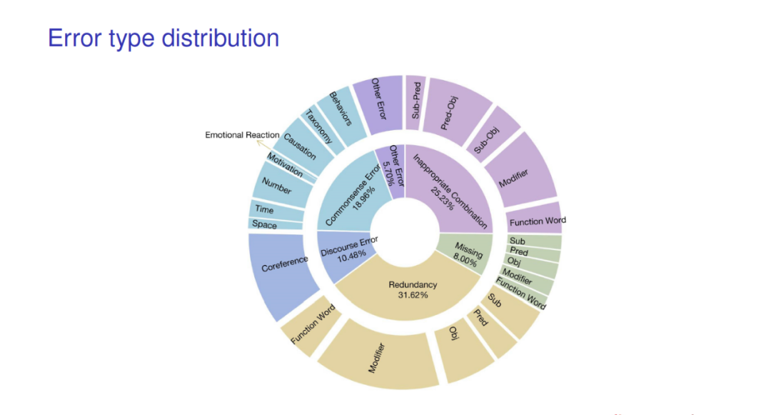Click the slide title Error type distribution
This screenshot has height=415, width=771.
[163, 38]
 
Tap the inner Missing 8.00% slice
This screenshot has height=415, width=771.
[468, 254]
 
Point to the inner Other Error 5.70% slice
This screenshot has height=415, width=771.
[395, 168]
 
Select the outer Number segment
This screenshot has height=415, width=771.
[276, 186]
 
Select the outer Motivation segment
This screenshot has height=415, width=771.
[286, 166]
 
